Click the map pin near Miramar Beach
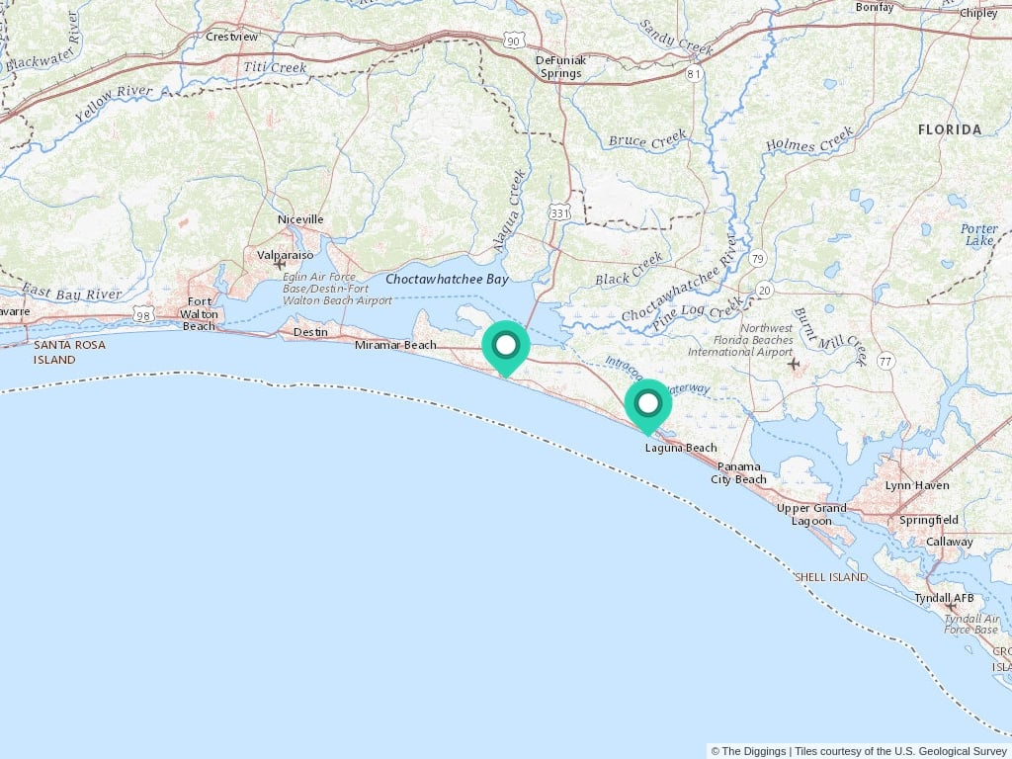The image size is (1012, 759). click(506, 346)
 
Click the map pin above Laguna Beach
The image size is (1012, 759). click(648, 403)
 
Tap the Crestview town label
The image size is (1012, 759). click(231, 37)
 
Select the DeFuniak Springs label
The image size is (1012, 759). click(560, 66)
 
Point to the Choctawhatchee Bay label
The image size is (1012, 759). click(447, 280)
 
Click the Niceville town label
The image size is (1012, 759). click(300, 219)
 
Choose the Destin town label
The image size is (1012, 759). click(310, 332)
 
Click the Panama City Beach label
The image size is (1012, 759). click(738, 472)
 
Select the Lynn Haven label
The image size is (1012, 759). click(917, 485)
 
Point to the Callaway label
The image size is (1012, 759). click(949, 542)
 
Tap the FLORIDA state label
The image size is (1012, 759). click(949, 129)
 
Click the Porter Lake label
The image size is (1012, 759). click(978, 234)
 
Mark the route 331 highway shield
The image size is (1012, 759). click(560, 213)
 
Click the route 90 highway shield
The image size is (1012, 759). click(512, 40)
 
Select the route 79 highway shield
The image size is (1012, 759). click(757, 259)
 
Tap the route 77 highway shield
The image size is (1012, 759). click(885, 362)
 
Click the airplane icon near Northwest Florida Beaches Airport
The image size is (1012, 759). click(793, 365)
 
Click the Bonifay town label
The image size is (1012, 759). click(874, 7)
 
